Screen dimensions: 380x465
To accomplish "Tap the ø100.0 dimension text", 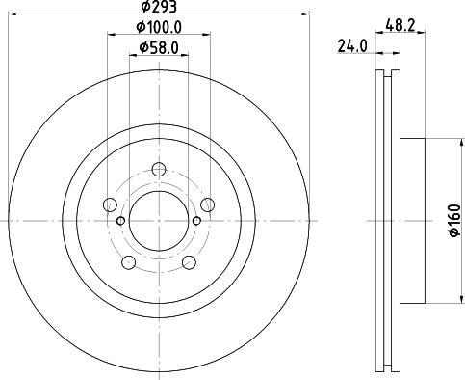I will coord(158,30).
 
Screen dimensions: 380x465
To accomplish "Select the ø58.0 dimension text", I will coord(158,47).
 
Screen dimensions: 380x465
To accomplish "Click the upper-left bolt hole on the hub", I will coord(110,204).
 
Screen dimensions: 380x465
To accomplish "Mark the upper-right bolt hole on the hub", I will coord(208,204).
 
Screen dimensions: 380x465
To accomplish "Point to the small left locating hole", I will coord(120,221).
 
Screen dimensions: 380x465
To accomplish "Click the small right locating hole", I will coord(197,221).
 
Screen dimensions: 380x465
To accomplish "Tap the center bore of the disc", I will coord(159,221).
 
